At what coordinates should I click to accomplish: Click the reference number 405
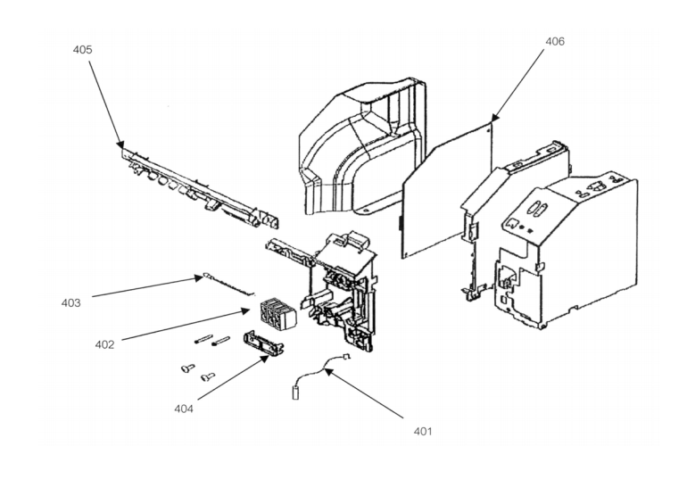coord(82,50)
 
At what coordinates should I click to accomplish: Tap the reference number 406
coord(554,42)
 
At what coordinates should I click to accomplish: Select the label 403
coord(71,303)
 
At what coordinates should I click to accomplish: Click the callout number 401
coord(422,431)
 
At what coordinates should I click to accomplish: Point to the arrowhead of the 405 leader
coord(121,146)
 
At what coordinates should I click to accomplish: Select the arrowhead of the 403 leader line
coord(205,278)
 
